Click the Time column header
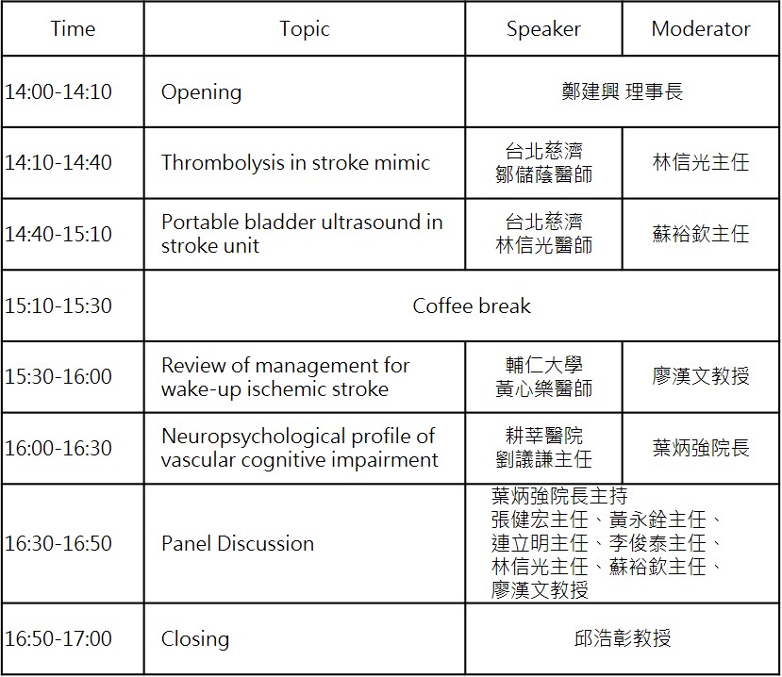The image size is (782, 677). point(73,28)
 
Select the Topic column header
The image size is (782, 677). point(305,29)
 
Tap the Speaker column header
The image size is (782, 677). point(543,29)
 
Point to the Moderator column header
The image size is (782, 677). point(701,28)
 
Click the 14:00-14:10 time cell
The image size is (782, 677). point(58,91)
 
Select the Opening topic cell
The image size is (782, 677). point(202,92)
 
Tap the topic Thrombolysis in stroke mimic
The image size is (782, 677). point(296,162)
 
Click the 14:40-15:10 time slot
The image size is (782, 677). point(58,234)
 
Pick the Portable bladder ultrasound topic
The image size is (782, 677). point(302,234)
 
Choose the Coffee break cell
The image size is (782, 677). point(472,305)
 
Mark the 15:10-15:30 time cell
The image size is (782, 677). point(58,305)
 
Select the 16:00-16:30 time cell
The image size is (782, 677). point(58,448)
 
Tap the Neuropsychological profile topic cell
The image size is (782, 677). point(300,448)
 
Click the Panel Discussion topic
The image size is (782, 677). point(238,543)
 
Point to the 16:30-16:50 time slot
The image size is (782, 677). point(58,543)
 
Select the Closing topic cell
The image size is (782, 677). point(195,639)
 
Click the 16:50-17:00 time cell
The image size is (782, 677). point(58,638)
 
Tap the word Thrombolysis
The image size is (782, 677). point(223,163)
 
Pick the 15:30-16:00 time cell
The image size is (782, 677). point(58,377)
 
